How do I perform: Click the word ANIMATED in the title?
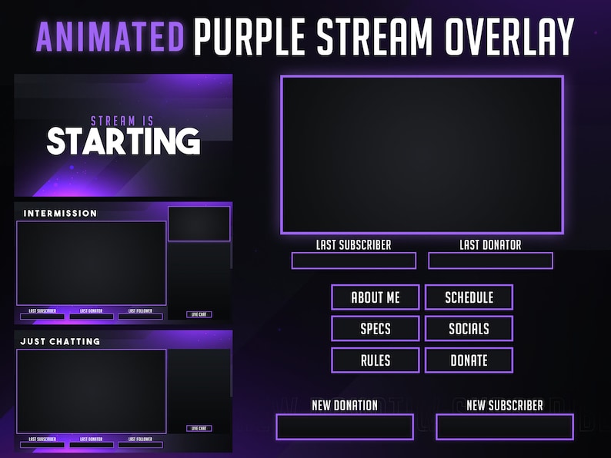110,36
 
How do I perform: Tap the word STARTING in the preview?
123,141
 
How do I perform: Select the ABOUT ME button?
376,297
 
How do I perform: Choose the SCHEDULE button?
469,297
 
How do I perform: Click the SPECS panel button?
376,329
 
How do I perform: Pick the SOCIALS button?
469,329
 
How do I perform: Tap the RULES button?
376,360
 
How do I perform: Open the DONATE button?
469,360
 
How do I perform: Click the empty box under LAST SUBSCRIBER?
353,261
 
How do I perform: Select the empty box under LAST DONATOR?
490,261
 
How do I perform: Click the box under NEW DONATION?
345,426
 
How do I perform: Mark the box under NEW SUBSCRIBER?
504,426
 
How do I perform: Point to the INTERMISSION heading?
61,214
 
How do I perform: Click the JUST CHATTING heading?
60,341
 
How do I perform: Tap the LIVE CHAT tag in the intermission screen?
199,314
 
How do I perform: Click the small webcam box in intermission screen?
199,224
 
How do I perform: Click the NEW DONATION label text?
345,405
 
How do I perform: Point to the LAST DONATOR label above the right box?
490,245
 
